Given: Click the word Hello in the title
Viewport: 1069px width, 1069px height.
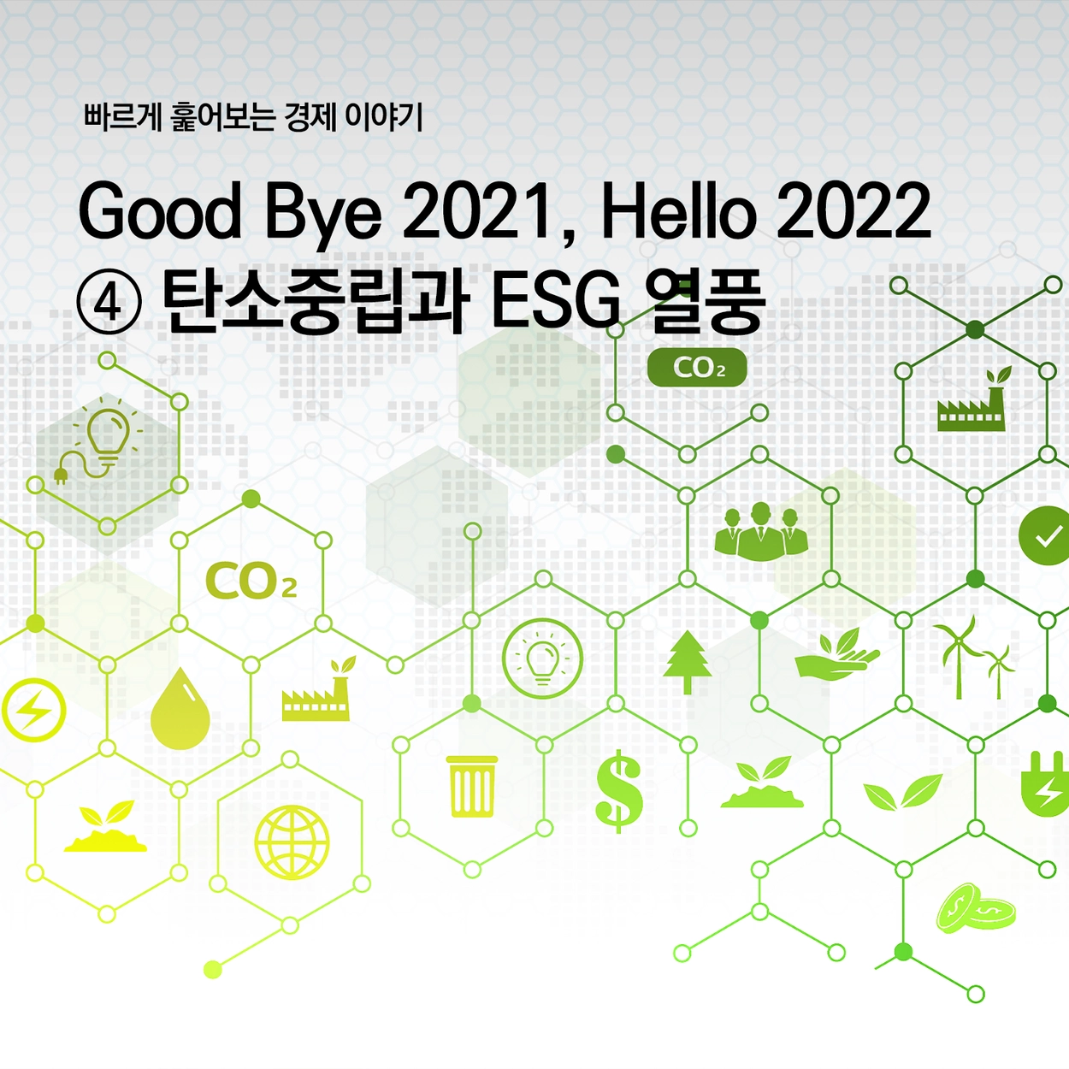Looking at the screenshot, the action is click(678, 210).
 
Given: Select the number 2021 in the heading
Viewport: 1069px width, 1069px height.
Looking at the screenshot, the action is click(479, 211).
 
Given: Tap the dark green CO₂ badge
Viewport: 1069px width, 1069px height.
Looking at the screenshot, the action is click(697, 367).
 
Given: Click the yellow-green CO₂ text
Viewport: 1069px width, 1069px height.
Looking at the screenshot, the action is click(251, 581).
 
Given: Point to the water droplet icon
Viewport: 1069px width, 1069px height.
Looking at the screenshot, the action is click(180, 708).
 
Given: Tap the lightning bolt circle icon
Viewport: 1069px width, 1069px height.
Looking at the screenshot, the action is click(33, 710).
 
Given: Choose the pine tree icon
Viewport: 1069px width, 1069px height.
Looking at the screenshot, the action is click(688, 662).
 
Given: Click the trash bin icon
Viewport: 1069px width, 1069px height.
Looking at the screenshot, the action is click(472, 786).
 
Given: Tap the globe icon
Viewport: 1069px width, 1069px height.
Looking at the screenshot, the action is click(292, 842).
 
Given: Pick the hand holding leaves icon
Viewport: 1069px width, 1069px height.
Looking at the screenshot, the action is click(837, 654).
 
